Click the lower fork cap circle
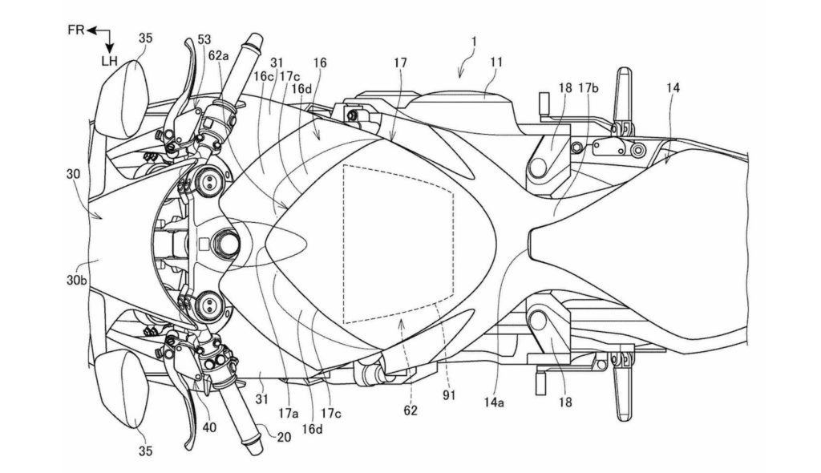(212, 304)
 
